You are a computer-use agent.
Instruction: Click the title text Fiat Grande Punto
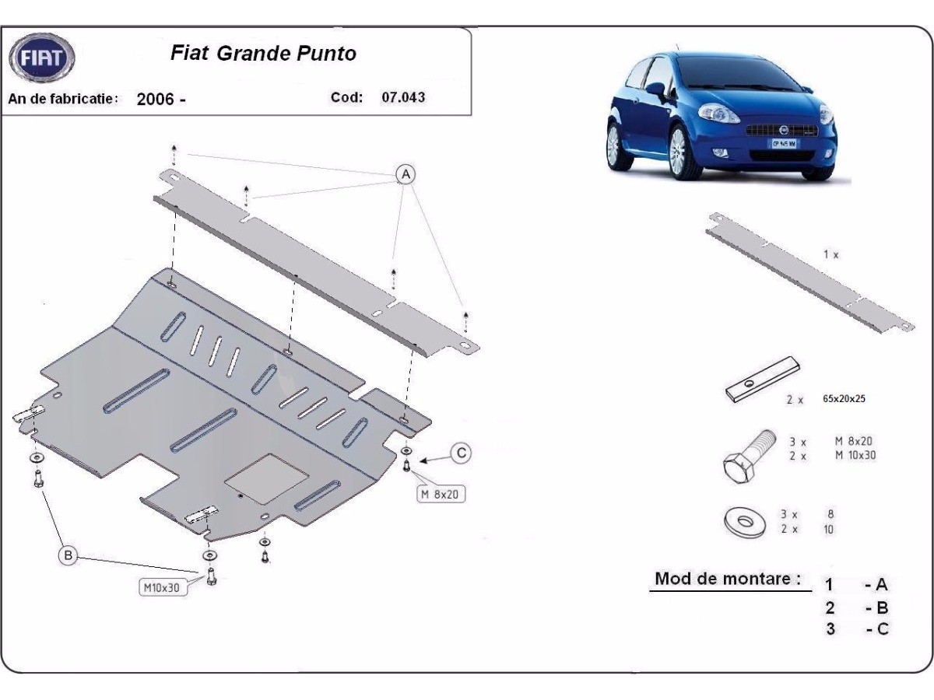coord(263,54)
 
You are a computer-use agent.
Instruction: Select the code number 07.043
coord(403,98)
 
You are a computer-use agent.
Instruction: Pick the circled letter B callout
coord(68,555)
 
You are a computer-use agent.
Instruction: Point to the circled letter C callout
coord(461,453)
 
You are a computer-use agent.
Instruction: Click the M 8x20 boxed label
coord(441,494)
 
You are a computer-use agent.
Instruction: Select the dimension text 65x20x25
coord(844,398)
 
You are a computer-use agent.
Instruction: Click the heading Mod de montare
coord(727,579)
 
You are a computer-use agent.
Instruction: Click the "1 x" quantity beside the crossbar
coord(830,254)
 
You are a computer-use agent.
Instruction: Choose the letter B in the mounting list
coord(882,607)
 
